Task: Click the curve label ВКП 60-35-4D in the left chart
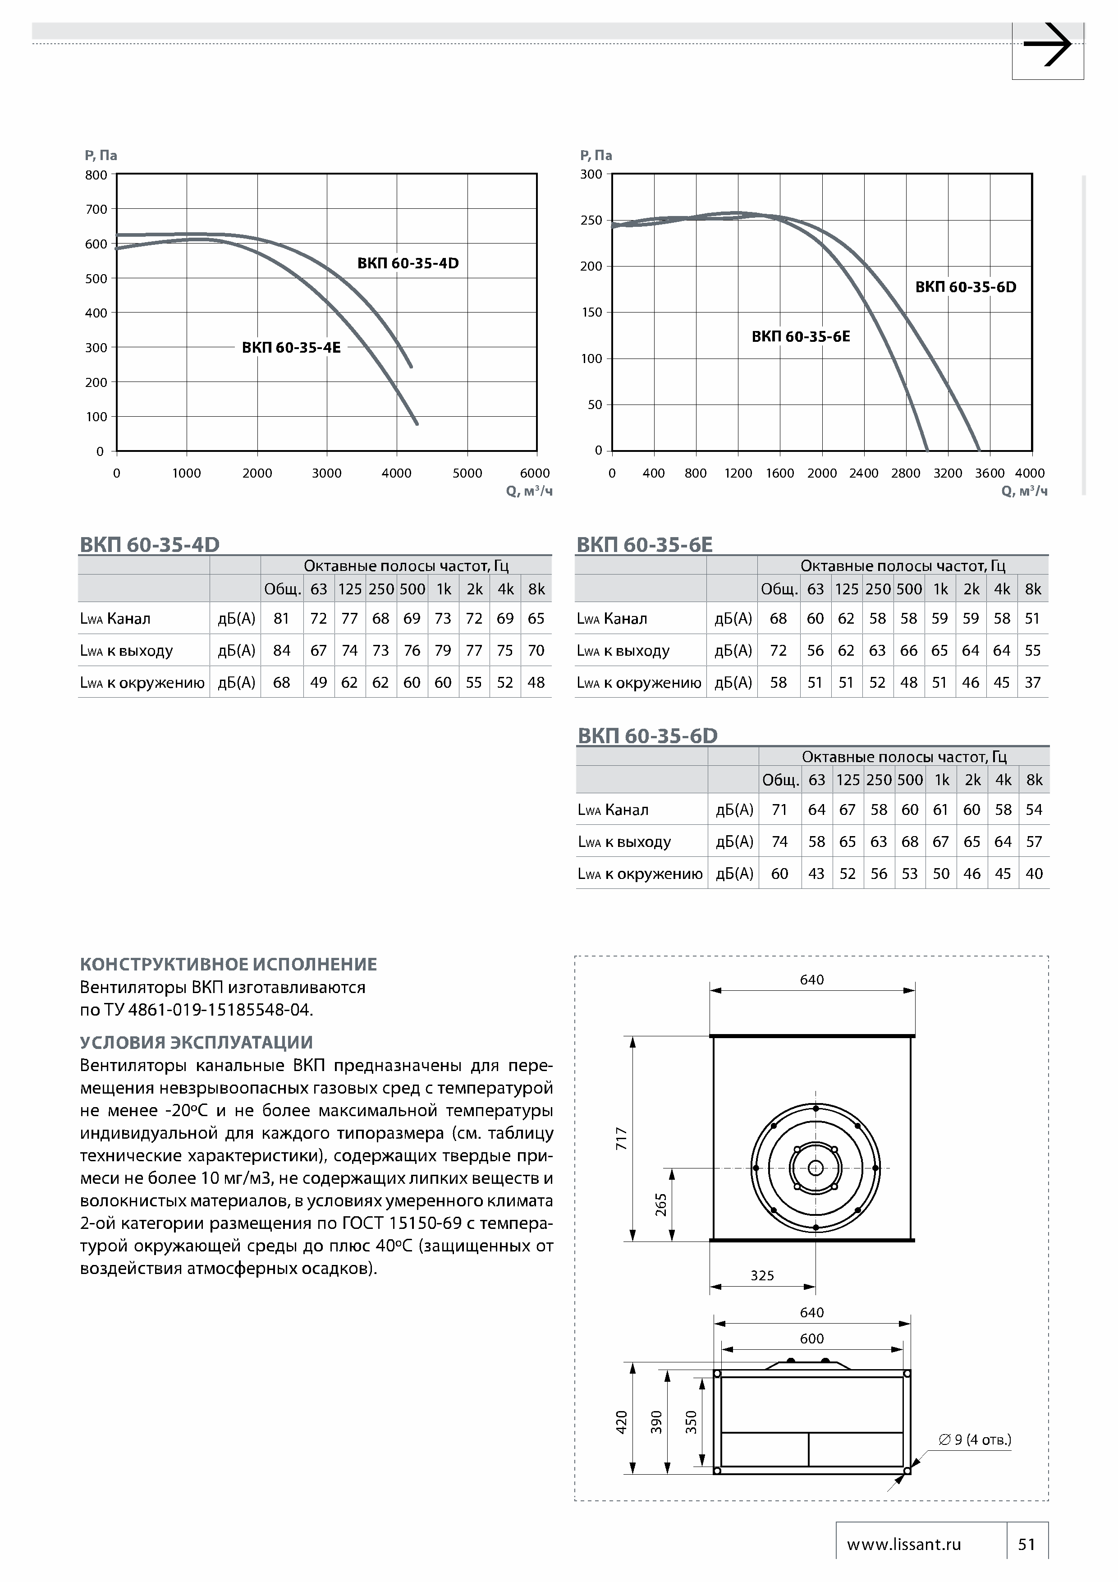click(x=408, y=263)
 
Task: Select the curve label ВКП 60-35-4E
click(x=291, y=347)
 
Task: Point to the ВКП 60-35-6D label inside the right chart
click(x=965, y=287)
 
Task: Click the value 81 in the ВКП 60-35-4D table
click(x=281, y=619)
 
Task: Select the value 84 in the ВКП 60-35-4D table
click(x=282, y=650)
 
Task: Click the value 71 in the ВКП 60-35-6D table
click(x=779, y=809)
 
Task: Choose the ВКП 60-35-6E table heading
click(x=644, y=544)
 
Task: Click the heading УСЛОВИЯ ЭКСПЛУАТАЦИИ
click(x=196, y=1043)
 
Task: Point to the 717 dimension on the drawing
click(x=621, y=1138)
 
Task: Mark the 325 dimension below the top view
click(x=762, y=1275)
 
